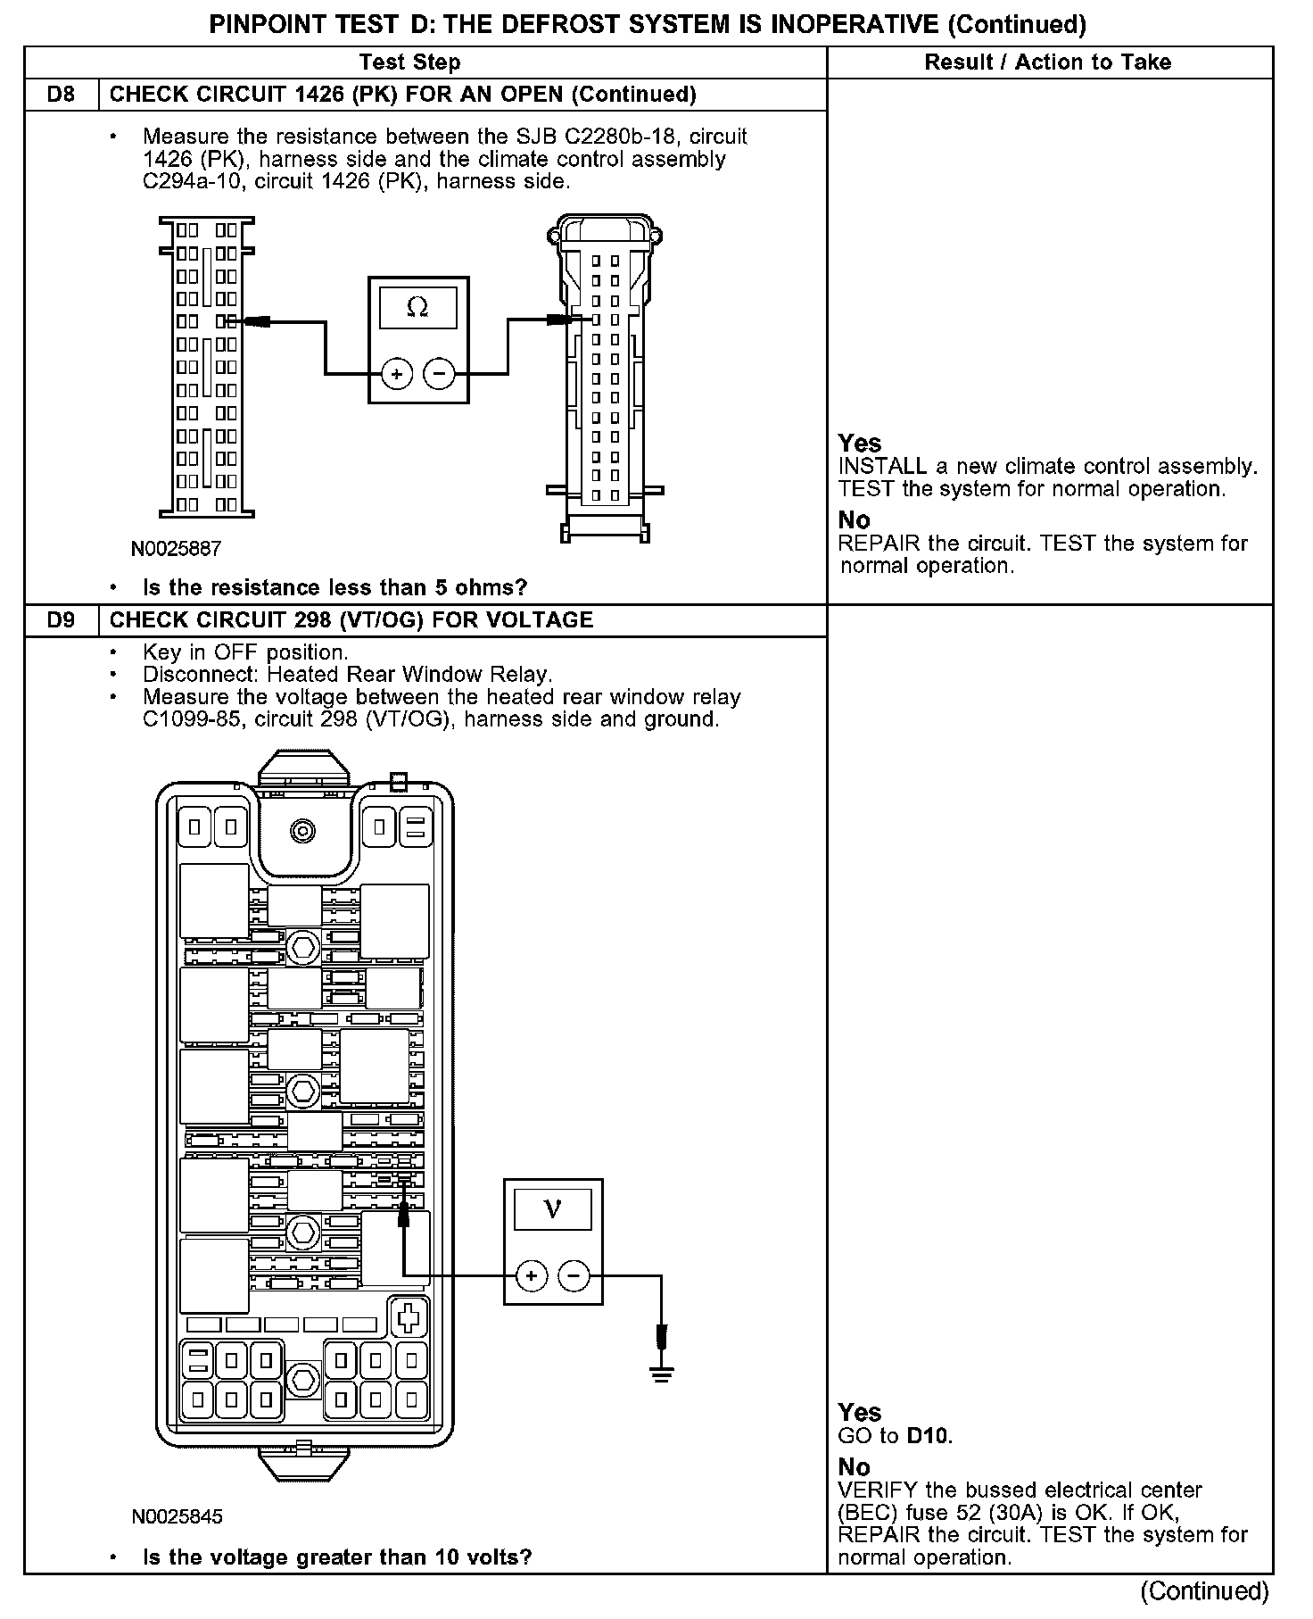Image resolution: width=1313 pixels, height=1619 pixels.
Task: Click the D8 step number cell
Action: pos(61,95)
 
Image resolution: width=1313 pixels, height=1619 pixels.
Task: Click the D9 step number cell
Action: pos(61,620)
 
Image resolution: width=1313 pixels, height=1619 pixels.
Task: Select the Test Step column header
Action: pos(409,62)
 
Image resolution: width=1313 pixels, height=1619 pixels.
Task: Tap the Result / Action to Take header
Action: pos(1048,62)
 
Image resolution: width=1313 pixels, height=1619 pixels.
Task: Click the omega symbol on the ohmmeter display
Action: pos(417,308)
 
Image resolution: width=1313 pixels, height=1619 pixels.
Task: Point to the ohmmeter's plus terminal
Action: pos(397,373)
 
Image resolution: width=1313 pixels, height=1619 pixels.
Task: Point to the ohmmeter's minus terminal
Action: pos(438,373)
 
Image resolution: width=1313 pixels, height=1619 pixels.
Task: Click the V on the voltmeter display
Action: pos(552,1209)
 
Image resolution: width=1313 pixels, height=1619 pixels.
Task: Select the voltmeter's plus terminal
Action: pos(532,1275)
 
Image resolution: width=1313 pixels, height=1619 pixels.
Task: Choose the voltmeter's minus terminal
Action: pos(574,1275)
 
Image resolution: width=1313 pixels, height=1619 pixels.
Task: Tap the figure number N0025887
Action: pos(176,548)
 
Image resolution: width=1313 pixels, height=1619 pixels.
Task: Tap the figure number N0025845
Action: pos(177,1516)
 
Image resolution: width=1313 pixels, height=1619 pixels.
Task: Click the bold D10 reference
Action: pos(929,1436)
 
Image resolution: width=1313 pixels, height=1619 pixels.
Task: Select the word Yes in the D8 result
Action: pos(860,444)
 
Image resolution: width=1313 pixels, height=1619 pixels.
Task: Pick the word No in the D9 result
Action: pos(854,1466)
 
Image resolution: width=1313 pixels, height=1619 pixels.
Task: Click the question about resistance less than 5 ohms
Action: pos(334,587)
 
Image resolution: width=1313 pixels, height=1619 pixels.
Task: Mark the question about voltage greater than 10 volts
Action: pos(337,1557)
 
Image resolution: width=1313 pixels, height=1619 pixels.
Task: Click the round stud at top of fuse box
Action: pos(303,831)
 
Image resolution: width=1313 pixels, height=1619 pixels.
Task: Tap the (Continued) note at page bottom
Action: pos(1204,1590)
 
